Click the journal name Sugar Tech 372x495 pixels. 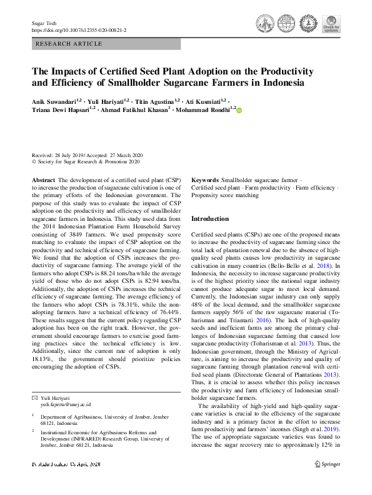tap(44, 23)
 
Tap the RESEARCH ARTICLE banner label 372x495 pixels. tap(69, 44)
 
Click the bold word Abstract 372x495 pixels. tap(43, 180)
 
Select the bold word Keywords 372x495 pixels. tap(205, 180)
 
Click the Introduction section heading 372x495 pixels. tap(209, 219)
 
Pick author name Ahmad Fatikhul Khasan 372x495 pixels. tap(132, 110)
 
